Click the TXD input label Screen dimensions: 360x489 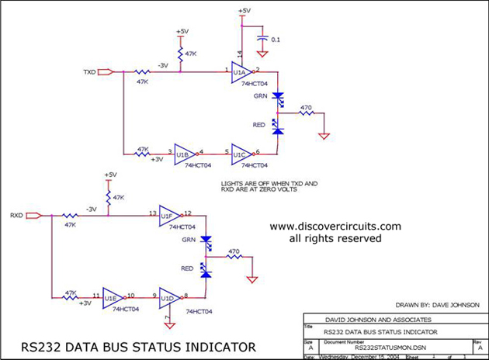89,71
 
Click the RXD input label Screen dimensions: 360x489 15,214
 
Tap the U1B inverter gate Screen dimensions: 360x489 184,154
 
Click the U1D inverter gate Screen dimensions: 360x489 168,296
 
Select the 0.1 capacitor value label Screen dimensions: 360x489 275,39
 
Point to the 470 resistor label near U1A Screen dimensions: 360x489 306,108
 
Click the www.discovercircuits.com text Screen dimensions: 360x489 335,227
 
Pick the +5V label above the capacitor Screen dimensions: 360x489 244,11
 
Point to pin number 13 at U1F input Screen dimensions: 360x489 153,212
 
